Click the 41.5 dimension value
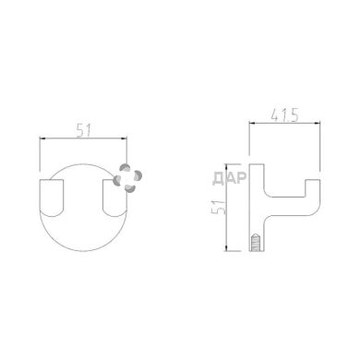(284, 115)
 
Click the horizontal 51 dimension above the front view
(83, 131)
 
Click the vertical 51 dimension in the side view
(219, 207)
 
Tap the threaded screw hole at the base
(256, 243)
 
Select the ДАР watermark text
(230, 178)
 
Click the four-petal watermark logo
(127, 178)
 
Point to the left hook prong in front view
(52, 198)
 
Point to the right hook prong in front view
(114, 198)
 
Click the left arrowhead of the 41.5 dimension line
(252, 124)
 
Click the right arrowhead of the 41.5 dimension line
(317, 124)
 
